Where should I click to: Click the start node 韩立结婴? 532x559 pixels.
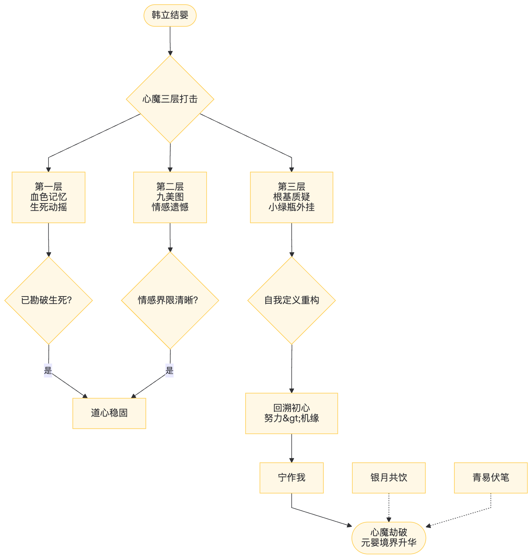point(170,15)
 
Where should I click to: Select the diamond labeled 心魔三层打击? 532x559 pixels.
point(170,99)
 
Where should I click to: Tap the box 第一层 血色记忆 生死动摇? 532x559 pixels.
point(48,197)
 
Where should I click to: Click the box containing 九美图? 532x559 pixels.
point(170,197)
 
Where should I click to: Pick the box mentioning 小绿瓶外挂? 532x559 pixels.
point(291,197)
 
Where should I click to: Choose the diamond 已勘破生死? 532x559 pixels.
point(48,300)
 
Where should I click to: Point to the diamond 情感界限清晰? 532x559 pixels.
point(170,300)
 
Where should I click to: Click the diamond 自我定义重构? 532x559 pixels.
point(291,300)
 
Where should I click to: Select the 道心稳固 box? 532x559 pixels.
point(109,413)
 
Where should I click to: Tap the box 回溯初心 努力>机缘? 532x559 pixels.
point(291,413)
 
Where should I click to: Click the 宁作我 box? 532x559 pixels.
point(291,477)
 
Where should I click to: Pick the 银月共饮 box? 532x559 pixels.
point(389,477)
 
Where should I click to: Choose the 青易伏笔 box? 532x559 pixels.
point(490,477)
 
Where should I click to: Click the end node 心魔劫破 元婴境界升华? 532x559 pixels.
point(389,538)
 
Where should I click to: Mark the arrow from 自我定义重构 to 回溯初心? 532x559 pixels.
point(291,369)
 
